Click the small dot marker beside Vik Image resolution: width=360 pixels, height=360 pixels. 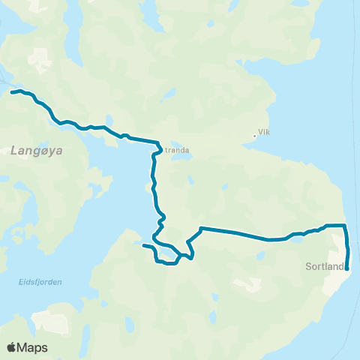[254, 136]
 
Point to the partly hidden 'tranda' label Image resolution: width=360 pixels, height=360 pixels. [177, 148]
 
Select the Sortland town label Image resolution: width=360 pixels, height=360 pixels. [324, 265]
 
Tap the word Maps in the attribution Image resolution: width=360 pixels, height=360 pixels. [33, 347]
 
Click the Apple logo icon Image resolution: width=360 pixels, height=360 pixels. [12, 347]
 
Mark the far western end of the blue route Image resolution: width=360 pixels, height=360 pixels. [12, 92]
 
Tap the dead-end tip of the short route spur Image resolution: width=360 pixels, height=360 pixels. [143, 244]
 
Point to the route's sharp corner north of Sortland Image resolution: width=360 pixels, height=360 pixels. [345, 225]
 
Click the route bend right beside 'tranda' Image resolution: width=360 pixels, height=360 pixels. [160, 143]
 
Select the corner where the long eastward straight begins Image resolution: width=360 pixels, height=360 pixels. [201, 228]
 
